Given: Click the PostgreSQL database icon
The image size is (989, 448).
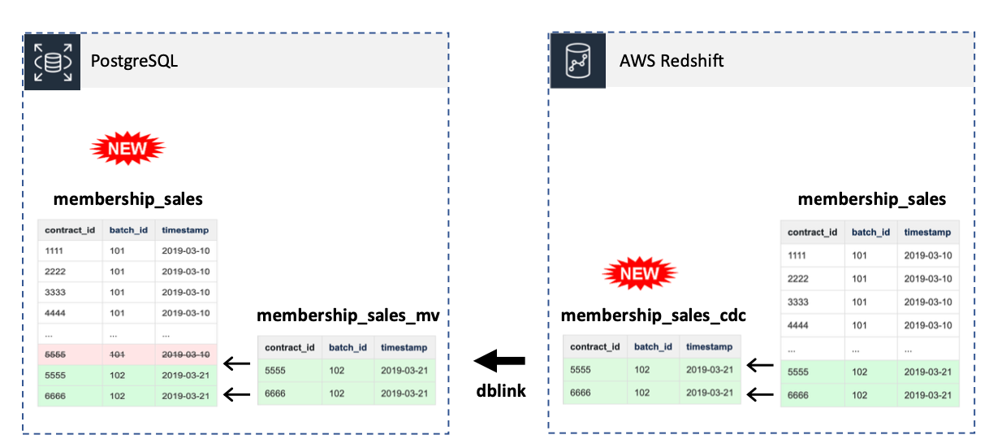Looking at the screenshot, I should pos(52,61).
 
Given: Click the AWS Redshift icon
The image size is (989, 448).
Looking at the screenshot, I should pos(578,61).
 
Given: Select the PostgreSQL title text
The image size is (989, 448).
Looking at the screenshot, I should pos(134,61).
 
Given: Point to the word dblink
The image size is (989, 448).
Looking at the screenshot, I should pos(501,391).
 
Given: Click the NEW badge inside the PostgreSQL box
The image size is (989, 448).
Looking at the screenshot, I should pos(127,148).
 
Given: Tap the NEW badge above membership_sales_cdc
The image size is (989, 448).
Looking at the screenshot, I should pos(639,274).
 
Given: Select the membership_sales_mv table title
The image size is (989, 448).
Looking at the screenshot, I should pos(348,315).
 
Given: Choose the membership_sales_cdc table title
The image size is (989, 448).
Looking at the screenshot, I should pos(654,315).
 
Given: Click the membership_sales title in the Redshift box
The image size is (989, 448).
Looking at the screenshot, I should pos(871,199).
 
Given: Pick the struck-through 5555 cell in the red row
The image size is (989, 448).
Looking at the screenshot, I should pos(56,354).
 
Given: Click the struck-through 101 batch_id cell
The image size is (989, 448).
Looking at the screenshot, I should pos(119,354).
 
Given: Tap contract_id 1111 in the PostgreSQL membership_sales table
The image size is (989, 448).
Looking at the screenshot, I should pos(56,250).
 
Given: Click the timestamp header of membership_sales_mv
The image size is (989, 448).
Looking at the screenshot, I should pos(404,347).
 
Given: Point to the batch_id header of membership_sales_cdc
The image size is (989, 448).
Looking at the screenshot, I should pos(653,346).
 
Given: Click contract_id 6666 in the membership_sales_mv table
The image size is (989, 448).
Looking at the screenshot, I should pos(276,392).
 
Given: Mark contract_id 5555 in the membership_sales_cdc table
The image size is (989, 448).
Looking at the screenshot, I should pos(581,369).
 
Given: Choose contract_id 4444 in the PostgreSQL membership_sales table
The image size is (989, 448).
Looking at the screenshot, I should pos(56,313).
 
